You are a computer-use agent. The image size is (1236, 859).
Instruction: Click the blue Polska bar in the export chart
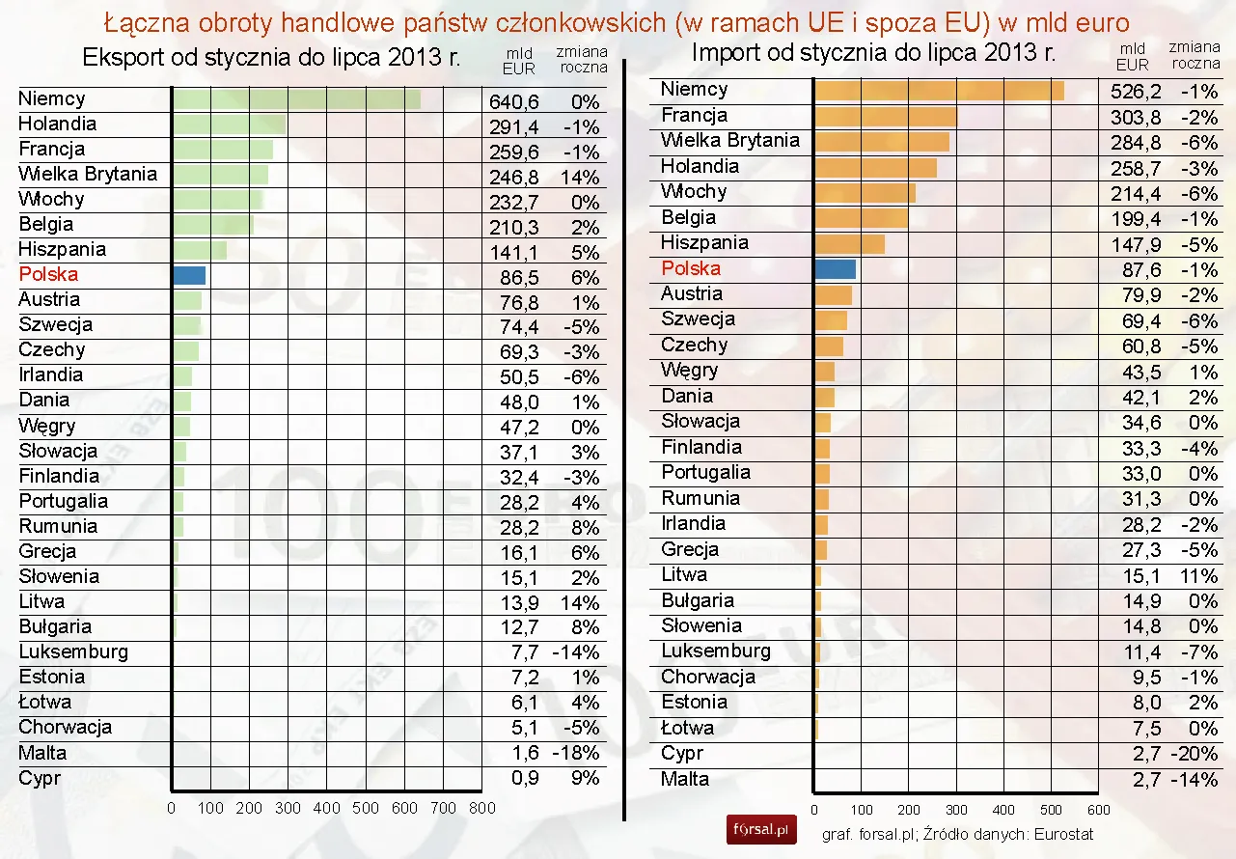189,275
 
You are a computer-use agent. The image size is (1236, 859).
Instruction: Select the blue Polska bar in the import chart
836,269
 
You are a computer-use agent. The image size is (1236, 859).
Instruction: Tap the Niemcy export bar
297,99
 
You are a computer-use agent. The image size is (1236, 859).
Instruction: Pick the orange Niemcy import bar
940,91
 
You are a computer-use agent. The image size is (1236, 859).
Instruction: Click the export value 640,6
514,102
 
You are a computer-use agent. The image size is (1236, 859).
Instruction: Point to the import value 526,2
1138,93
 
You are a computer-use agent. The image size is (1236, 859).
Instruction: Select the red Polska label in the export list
48,274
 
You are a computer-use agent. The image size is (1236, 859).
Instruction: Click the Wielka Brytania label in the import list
730,141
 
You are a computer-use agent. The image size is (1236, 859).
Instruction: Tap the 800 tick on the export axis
481,808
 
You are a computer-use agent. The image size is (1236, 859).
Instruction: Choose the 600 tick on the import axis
1098,810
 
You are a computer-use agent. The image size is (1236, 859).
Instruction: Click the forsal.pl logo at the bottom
761,829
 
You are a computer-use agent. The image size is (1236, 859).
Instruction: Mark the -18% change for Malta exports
575,753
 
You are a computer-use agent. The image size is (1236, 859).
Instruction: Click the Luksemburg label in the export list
73,651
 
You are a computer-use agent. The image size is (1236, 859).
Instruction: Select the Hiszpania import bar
850,243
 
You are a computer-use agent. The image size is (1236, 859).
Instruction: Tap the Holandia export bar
229,125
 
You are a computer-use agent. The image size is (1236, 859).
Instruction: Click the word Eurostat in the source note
1062,833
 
